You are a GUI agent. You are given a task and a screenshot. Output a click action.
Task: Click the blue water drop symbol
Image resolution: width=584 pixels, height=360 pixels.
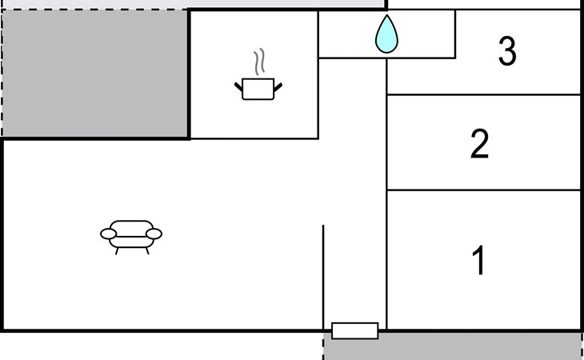click(x=386, y=35)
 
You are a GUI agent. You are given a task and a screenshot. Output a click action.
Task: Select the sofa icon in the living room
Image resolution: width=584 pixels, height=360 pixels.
click(x=131, y=237)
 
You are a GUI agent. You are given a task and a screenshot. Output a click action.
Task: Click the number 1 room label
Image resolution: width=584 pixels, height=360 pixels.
click(x=479, y=260)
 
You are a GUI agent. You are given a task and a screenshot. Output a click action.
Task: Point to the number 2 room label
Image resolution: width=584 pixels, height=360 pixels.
click(x=480, y=144)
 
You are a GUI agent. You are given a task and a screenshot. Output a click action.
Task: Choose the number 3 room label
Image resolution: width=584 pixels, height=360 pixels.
click(x=507, y=51)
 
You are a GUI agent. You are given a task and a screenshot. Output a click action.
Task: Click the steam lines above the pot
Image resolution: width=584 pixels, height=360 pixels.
click(x=259, y=62)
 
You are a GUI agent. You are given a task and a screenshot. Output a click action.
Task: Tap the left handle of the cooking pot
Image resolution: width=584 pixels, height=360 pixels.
click(x=238, y=87)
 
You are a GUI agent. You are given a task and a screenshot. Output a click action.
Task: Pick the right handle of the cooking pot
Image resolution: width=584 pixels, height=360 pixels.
click(x=278, y=87)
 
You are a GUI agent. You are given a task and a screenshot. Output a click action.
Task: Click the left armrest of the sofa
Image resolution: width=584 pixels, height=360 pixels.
click(x=108, y=234)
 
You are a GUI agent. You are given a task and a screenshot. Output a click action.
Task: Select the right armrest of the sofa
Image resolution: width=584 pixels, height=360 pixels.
click(x=154, y=234)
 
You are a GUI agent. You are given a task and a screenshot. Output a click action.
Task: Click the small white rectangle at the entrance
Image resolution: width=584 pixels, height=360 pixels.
click(x=355, y=331)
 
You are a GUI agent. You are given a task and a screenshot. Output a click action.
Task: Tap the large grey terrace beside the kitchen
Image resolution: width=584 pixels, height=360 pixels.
click(x=95, y=74)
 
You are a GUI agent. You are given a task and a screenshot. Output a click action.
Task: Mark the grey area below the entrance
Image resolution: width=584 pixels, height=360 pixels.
click(x=453, y=346)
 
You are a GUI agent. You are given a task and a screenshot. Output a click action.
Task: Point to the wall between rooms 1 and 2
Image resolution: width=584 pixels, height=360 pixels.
click(x=484, y=190)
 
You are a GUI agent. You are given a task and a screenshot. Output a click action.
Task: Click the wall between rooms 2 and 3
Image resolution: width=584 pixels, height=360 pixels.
click(x=484, y=95)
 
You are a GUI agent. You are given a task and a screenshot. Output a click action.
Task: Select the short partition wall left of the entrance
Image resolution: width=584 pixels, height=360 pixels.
click(x=323, y=277)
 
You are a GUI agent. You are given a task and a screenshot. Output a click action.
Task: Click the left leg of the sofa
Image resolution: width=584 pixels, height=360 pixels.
click(x=117, y=251)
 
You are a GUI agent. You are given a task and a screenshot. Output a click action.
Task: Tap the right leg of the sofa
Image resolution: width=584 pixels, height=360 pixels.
click(x=147, y=251)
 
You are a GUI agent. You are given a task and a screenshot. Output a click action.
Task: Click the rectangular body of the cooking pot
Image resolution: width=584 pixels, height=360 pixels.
click(x=258, y=89)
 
